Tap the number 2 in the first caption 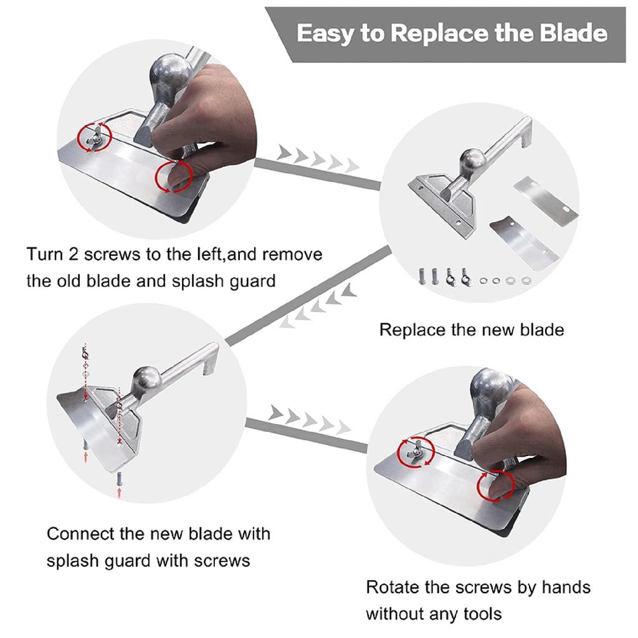tap(74, 255)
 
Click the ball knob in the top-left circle tap(171, 74)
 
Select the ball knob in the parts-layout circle tap(473, 162)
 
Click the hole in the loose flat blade tap(565, 209)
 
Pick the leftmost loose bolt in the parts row tap(422, 277)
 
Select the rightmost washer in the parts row tap(526, 281)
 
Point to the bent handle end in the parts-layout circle tap(526, 132)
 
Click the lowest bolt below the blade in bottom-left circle tap(119, 478)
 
